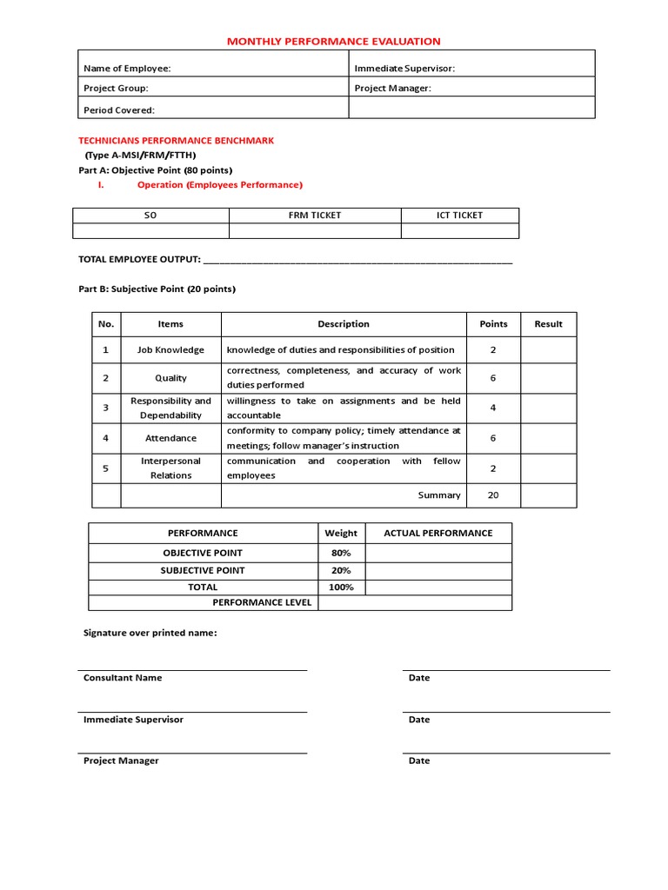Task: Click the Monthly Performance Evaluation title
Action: (x=334, y=41)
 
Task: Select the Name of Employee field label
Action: (x=127, y=69)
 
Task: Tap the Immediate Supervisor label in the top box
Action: (x=404, y=69)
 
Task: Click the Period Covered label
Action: (x=119, y=110)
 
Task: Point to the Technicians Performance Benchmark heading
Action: (x=176, y=140)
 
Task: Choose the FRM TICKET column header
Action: (x=315, y=216)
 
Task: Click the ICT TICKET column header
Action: (x=459, y=216)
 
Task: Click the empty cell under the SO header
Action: (x=150, y=230)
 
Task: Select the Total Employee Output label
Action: (x=139, y=259)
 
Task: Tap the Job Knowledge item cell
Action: (x=170, y=349)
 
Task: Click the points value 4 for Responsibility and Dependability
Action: (x=493, y=408)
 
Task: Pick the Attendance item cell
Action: (x=170, y=438)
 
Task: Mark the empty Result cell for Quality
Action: (x=548, y=378)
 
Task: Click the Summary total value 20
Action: (x=493, y=495)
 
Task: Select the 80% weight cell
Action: (x=341, y=553)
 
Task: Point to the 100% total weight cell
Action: (x=341, y=588)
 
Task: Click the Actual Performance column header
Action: (x=438, y=533)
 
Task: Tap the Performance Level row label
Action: (x=262, y=602)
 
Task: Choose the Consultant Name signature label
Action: (x=123, y=678)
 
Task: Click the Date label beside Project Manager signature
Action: (x=419, y=760)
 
